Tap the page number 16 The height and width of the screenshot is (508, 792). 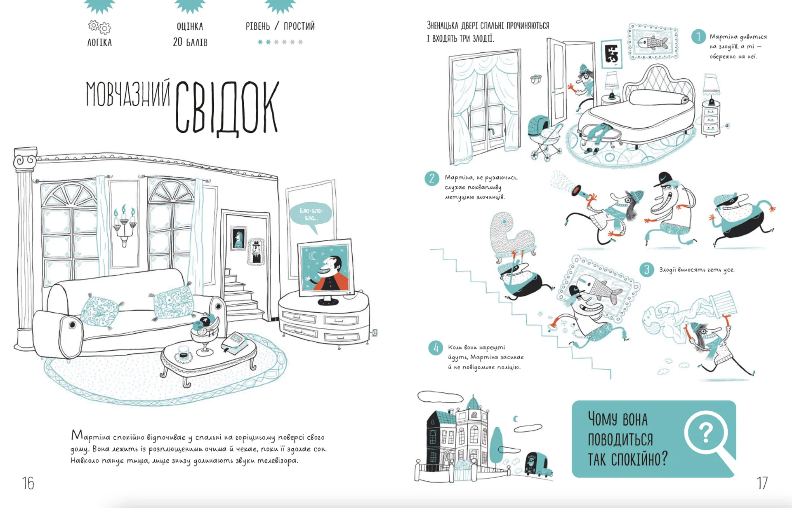tap(28, 483)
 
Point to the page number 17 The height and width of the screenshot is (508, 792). tap(762, 482)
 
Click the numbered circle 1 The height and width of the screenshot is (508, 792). tap(698, 36)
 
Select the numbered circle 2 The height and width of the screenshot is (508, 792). tap(431, 178)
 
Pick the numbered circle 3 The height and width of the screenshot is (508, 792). tap(646, 269)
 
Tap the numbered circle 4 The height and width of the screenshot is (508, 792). tap(436, 348)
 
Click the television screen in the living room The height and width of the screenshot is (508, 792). tap(325, 268)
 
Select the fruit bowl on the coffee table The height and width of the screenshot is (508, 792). tap(205, 330)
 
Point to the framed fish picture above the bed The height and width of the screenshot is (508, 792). tap(653, 42)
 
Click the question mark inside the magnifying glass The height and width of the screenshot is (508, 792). tap(706, 433)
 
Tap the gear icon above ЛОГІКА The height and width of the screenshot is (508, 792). tap(99, 27)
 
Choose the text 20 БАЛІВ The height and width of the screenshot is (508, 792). tap(190, 42)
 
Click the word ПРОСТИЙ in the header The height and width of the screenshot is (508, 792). tap(299, 26)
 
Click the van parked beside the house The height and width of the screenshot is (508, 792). tap(537, 465)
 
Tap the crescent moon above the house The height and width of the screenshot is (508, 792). tap(515, 419)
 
